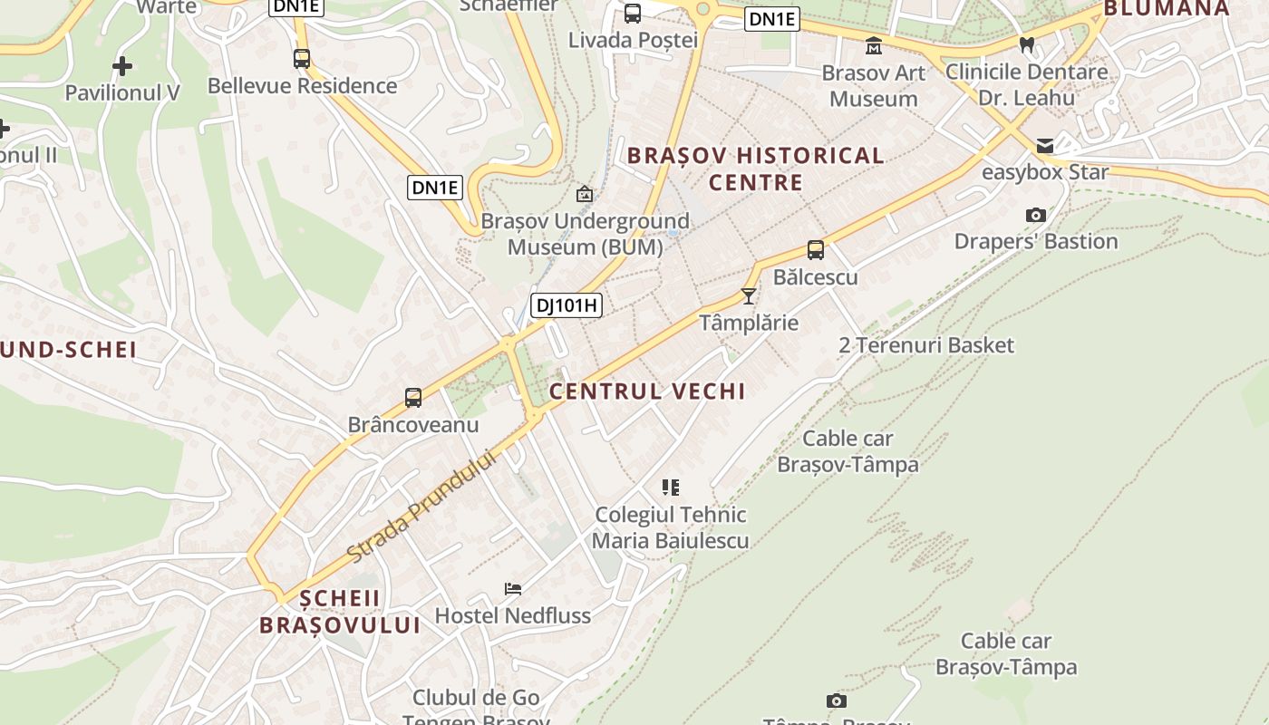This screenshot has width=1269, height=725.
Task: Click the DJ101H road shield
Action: pyautogui.click(x=567, y=305)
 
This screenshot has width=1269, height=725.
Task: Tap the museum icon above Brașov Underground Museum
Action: pyautogui.click(x=585, y=194)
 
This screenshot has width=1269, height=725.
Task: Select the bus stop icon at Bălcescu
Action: pyautogui.click(x=816, y=250)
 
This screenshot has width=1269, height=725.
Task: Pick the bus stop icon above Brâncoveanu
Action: pyautogui.click(x=413, y=397)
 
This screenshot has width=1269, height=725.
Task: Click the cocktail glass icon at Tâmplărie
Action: pyautogui.click(x=749, y=295)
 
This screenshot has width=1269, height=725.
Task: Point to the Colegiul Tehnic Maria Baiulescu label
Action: pyautogui.click(x=671, y=527)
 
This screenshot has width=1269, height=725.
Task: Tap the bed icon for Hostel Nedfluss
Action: pyautogui.click(x=513, y=589)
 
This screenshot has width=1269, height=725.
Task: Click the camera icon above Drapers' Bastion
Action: pyautogui.click(x=1036, y=215)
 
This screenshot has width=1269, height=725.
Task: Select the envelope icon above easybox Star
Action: pyautogui.click(x=1045, y=145)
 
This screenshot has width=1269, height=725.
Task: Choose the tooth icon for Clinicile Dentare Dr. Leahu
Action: pyautogui.click(x=1027, y=44)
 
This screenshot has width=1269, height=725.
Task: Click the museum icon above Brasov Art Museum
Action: pyautogui.click(x=874, y=45)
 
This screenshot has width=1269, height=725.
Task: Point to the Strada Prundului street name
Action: pyautogui.click(x=423, y=506)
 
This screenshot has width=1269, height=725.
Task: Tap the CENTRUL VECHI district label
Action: pyautogui.click(x=647, y=391)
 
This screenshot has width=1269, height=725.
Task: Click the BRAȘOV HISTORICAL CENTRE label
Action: pyautogui.click(x=755, y=169)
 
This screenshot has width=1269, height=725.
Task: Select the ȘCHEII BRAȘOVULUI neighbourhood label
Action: pyautogui.click(x=340, y=612)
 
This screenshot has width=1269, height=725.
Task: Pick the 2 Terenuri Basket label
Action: pyautogui.click(x=926, y=345)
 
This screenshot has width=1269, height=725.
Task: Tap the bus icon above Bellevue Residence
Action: pyautogui.click(x=302, y=59)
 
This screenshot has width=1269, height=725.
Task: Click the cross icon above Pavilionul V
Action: pyautogui.click(x=122, y=66)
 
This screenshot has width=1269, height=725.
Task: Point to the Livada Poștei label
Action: pyautogui.click(x=633, y=40)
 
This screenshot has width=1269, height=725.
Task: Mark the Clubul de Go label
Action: pyautogui.click(x=476, y=698)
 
